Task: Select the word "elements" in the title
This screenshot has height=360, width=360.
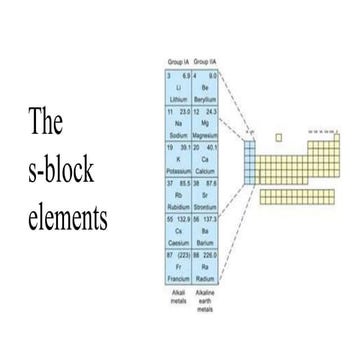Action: [68, 217]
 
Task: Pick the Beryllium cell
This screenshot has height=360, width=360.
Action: [205, 88]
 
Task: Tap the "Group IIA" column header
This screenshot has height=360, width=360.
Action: [205, 63]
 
